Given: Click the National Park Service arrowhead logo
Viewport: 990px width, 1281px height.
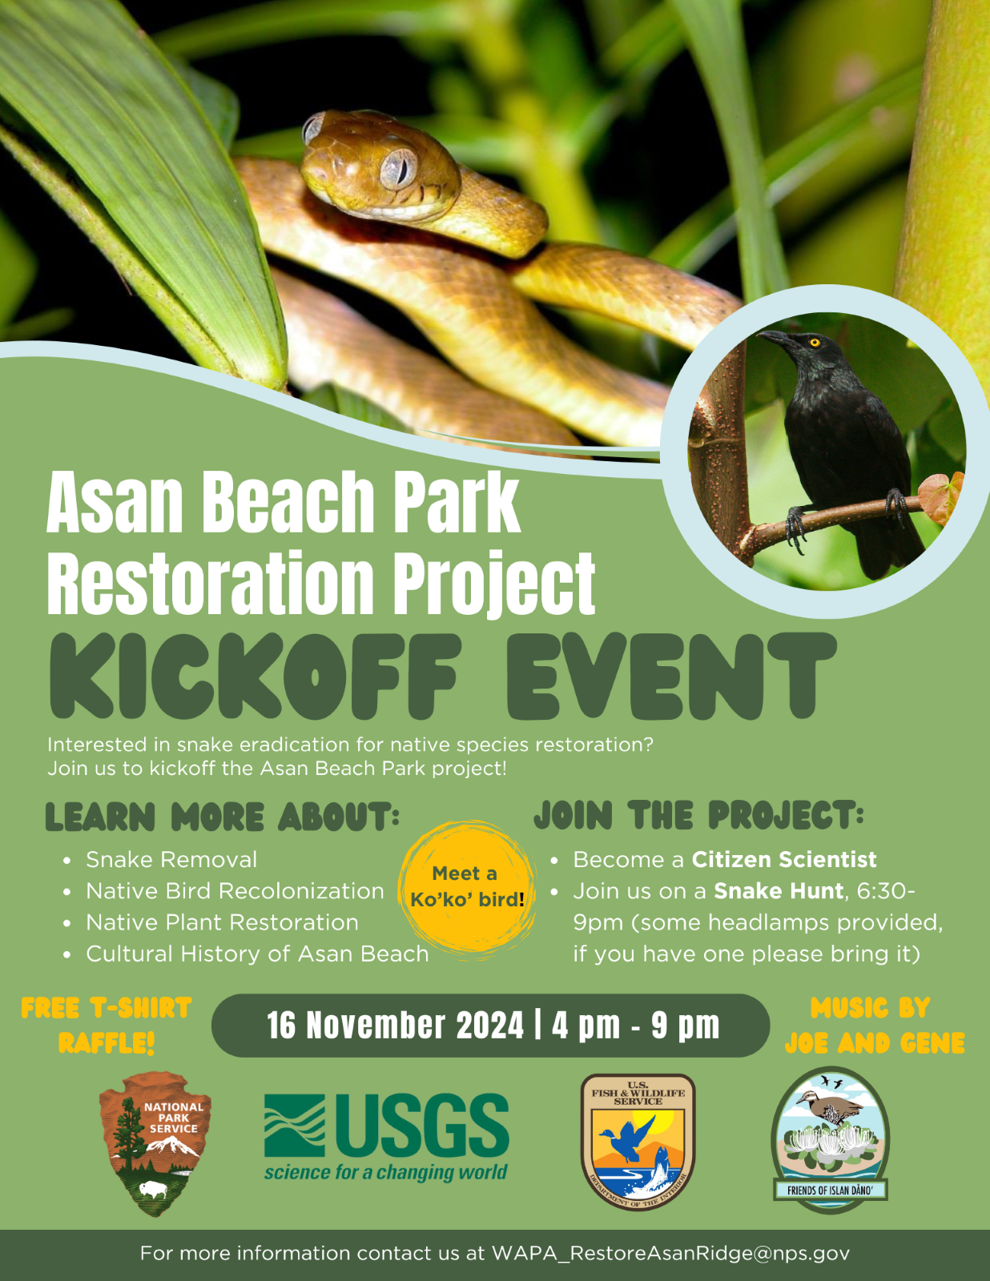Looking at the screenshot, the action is (x=155, y=1143).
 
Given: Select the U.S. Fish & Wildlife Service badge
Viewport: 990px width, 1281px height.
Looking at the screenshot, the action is (x=638, y=1142).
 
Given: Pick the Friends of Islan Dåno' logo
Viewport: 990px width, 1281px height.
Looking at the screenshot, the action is (x=831, y=1140).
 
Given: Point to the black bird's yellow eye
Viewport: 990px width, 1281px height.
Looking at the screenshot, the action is (x=815, y=342).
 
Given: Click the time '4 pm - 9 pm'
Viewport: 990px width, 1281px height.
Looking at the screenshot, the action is (x=636, y=1026).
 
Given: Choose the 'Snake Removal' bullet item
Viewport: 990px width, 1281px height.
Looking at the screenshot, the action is (x=171, y=860).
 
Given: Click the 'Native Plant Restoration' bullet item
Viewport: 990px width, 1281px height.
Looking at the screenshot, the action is (x=223, y=922).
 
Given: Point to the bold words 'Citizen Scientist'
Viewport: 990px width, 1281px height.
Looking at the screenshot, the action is (x=784, y=860).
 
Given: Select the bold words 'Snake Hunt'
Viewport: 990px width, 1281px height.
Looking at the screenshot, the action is (x=779, y=891).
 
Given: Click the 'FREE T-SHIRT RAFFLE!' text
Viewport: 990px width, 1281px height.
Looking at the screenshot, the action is (x=107, y=1026).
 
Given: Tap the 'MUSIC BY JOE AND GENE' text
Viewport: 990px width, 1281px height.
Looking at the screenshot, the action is (x=875, y=1026).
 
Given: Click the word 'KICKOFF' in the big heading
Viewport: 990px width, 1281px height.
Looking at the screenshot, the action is (x=255, y=677).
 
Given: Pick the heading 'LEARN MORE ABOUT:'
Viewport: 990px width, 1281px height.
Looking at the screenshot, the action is (x=223, y=817).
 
